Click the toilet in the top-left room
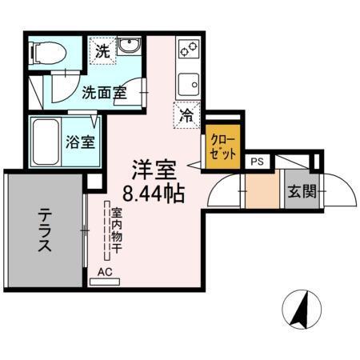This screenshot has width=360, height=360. (x=46, y=53)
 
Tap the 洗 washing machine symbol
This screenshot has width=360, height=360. (x=102, y=51)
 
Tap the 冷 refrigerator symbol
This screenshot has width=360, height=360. (x=186, y=114)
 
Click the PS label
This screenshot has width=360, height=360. (x=257, y=161)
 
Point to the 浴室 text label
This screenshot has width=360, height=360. (x=80, y=143)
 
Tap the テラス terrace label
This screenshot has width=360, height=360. (x=44, y=231)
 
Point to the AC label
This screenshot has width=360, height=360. (x=105, y=272)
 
